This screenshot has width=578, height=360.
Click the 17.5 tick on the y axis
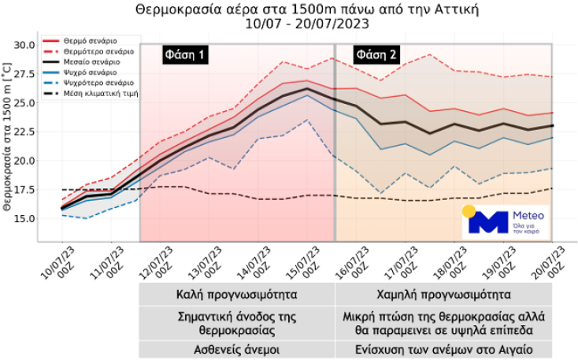[24, 190]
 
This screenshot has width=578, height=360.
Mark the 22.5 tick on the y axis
[24, 132]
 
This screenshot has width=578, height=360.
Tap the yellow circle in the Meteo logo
[469, 212]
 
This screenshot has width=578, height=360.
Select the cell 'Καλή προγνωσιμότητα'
[237, 296]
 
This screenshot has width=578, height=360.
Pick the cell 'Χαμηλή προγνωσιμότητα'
[444, 296]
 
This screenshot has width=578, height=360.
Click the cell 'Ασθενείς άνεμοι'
[237, 348]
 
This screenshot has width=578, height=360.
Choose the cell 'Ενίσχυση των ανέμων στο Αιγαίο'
[444, 348]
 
